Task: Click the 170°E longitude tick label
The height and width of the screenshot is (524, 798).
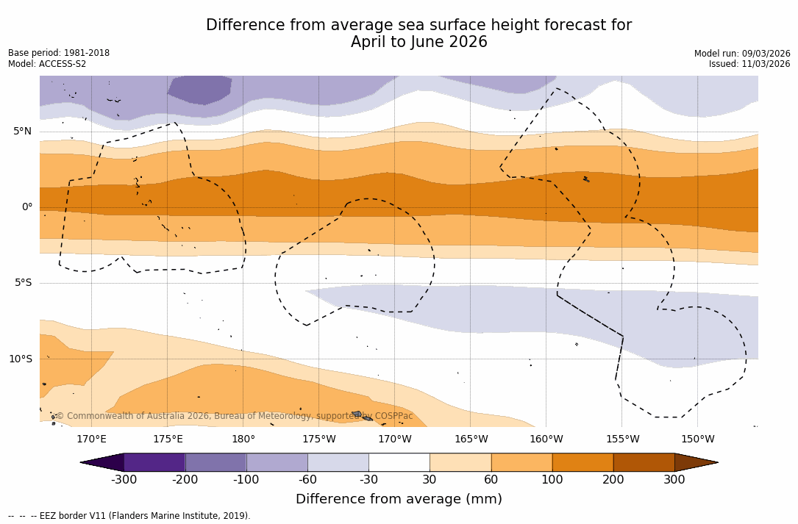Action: [x=91, y=439]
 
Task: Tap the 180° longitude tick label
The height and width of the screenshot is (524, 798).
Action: [x=243, y=439]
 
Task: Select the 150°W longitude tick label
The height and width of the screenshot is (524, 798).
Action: [x=697, y=439]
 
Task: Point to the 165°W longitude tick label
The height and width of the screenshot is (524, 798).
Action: [x=471, y=439]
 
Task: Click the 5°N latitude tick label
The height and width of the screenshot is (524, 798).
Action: [x=23, y=132]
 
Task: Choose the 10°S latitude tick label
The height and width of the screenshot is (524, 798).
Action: [x=21, y=359]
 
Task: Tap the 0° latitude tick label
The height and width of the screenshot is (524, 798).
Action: [x=27, y=207]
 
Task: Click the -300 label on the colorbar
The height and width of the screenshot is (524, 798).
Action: [x=124, y=480]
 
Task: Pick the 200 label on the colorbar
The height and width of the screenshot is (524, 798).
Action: [x=613, y=480]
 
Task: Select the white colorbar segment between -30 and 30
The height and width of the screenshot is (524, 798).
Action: [x=399, y=462]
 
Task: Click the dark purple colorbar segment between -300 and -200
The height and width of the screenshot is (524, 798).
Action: [x=154, y=462]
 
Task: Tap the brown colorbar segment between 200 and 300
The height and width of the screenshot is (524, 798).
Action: [x=644, y=462]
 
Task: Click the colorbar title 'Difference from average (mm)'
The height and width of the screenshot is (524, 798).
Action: [x=399, y=500]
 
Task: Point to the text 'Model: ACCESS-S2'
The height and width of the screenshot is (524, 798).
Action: [x=47, y=64]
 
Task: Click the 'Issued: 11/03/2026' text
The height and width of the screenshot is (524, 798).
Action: [x=749, y=64]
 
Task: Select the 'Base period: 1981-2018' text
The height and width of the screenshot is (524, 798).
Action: [x=59, y=53]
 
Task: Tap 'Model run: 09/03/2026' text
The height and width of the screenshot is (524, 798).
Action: [x=742, y=54]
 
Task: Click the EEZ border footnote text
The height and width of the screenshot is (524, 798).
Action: [x=129, y=516]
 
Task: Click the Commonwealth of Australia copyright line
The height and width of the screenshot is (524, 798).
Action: [x=235, y=416]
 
